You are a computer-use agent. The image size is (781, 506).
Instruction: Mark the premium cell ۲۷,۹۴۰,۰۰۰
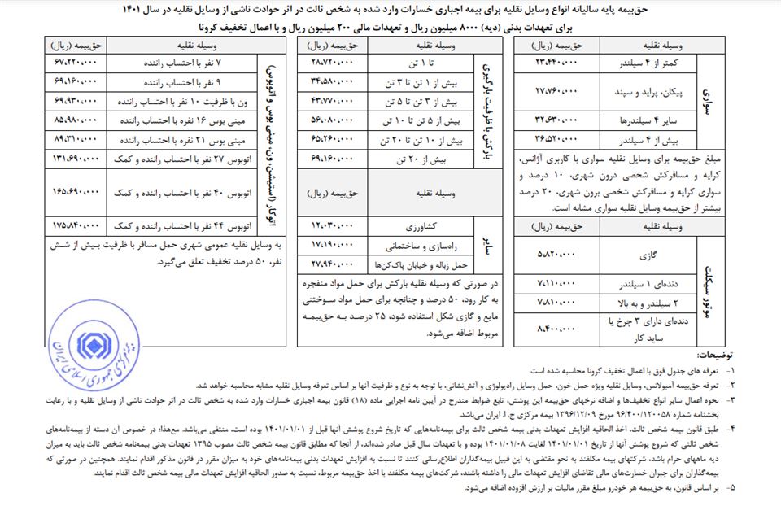[x=332, y=264]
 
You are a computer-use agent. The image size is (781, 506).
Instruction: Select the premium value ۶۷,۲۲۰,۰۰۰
[x=79, y=61]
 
